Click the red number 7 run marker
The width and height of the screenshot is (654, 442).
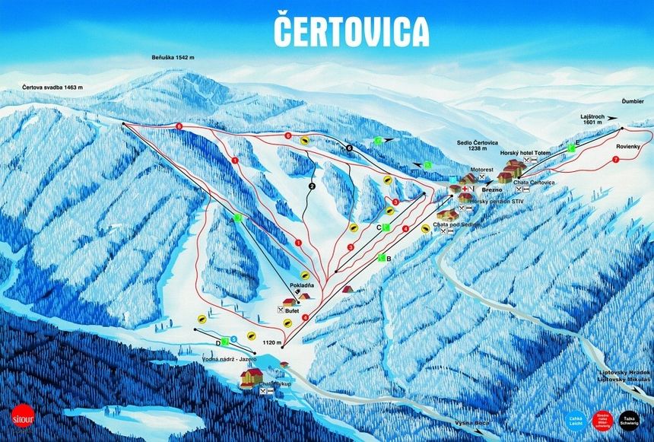[x=614, y=160]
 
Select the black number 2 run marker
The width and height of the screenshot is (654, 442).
[x=311, y=185]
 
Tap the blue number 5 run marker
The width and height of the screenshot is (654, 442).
[x=234, y=339]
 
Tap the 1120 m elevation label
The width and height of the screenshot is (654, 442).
[x=271, y=343]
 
